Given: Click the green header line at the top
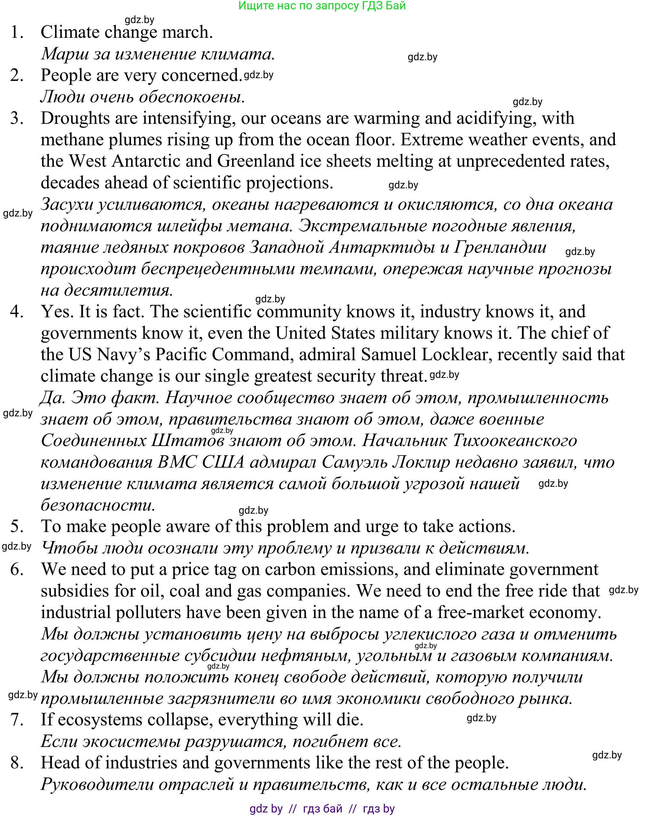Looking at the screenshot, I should pyautogui.click(x=322, y=6).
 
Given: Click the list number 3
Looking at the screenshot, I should pyautogui.click(x=17, y=118).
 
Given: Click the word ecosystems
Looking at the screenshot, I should pyautogui.click(x=100, y=720).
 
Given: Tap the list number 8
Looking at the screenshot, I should pyautogui.click(x=17, y=763).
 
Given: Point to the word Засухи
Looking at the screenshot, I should pyautogui.click(x=67, y=205).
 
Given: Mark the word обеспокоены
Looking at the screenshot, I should pyautogui.click(x=192, y=97).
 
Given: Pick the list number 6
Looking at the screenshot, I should pyautogui.click(x=17, y=569).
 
